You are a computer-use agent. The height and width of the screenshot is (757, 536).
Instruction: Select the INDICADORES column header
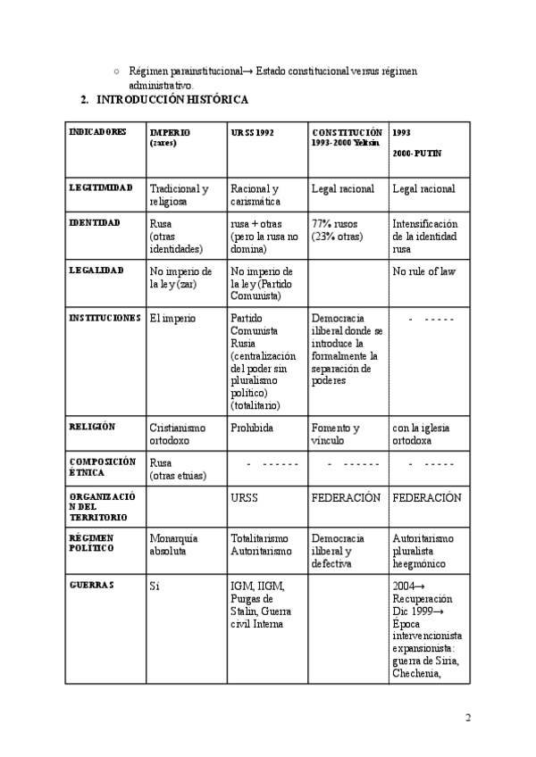(x=97, y=131)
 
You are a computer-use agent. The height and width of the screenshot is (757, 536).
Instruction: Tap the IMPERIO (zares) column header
(x=170, y=137)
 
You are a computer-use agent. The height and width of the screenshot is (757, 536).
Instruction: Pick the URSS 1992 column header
(x=252, y=131)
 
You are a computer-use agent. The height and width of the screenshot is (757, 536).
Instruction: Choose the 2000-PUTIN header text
(x=416, y=154)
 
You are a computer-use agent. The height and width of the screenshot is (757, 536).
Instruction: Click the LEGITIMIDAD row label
(x=101, y=187)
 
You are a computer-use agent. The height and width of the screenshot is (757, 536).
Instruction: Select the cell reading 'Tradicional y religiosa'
(x=180, y=195)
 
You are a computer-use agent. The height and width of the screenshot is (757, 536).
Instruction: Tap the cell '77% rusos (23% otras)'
(x=337, y=230)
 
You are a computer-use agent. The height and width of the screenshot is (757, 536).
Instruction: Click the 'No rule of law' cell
(x=423, y=270)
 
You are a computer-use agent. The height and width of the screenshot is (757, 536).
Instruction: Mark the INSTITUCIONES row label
(x=105, y=317)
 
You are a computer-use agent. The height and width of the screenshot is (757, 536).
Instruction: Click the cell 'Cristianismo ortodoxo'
(x=178, y=434)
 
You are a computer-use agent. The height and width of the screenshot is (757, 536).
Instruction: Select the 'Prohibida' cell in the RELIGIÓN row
(x=251, y=428)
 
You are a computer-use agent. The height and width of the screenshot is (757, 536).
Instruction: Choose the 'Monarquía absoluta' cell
(x=174, y=545)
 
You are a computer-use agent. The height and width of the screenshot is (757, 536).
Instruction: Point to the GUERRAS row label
(x=91, y=584)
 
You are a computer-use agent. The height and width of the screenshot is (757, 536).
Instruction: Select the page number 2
(x=468, y=717)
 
